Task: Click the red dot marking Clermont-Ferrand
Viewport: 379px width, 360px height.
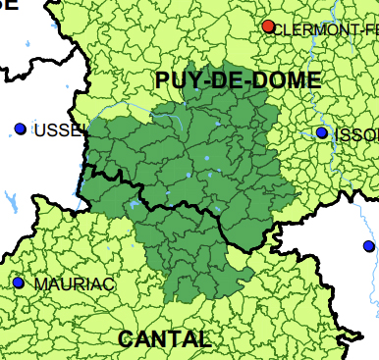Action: [x=268, y=26]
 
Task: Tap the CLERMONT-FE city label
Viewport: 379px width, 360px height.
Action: [x=325, y=30]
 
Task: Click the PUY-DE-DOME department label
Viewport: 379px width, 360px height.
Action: [x=238, y=81]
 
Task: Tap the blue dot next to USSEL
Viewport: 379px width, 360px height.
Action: [x=21, y=129]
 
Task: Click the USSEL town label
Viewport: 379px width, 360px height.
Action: [x=55, y=130]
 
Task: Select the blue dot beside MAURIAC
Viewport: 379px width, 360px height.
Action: [x=18, y=283]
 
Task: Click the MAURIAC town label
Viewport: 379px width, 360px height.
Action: [x=75, y=284]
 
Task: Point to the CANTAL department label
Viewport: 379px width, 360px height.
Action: [x=164, y=339]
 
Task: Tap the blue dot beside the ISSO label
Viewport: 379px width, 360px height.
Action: [x=321, y=132]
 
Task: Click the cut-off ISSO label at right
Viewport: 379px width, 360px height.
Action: [x=355, y=134]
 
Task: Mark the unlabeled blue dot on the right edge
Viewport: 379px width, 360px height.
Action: [x=368, y=245]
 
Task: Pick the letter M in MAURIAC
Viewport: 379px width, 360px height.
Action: [x=41, y=284]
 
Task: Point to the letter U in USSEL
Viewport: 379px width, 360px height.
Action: [x=39, y=130]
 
